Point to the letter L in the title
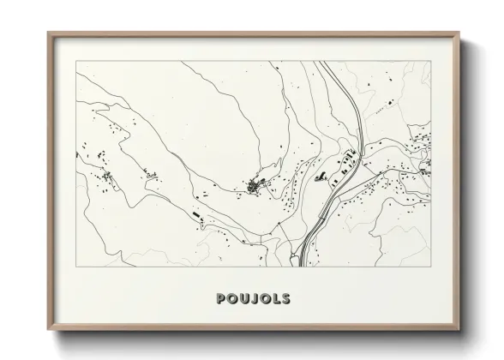[273, 300]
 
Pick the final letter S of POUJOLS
[285, 300]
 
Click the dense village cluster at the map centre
[255, 185]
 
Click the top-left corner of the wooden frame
[49, 33]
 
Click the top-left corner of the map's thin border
[75, 62]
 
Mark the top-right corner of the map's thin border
[431, 62]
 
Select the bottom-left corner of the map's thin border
[75, 268]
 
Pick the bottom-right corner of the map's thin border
[431, 268]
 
